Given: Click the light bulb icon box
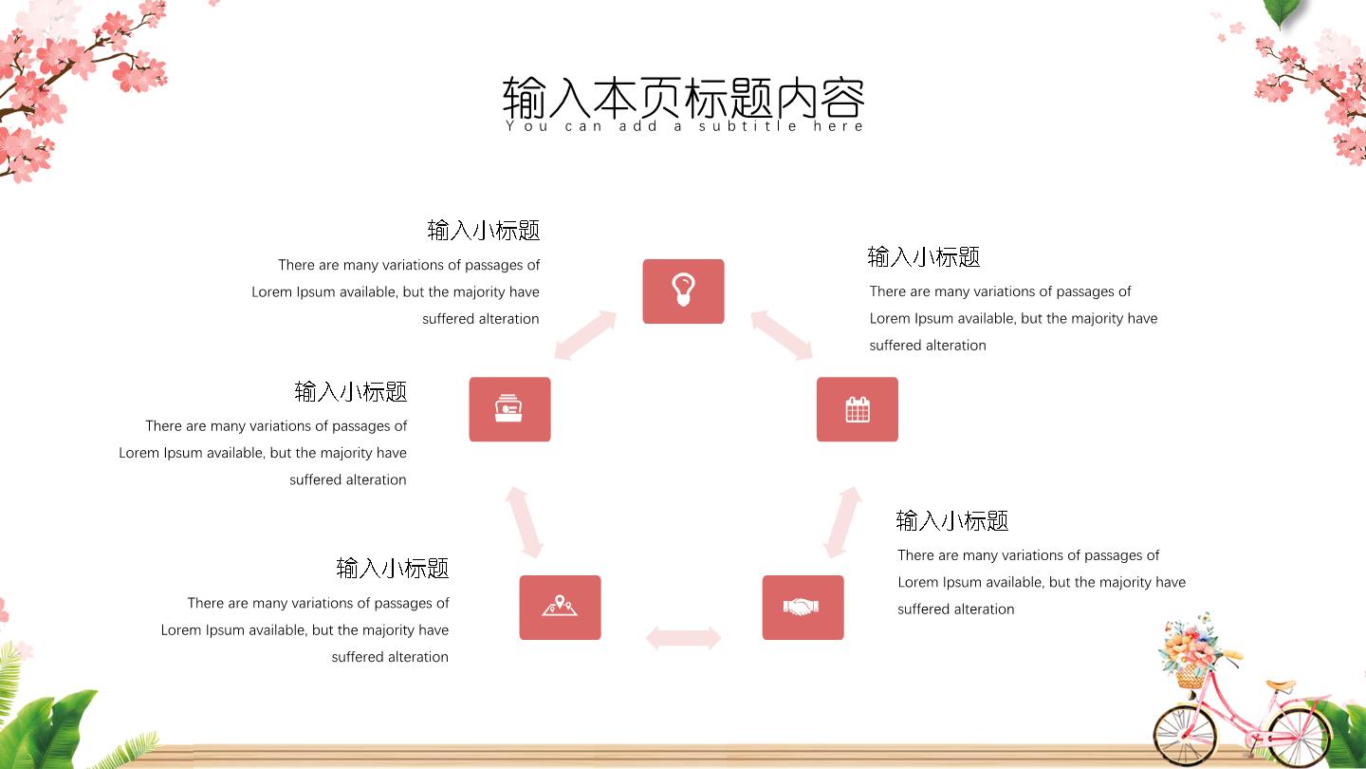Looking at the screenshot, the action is tap(683, 291).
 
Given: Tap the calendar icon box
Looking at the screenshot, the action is tap(857, 409).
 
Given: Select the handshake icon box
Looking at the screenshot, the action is tap(803, 608).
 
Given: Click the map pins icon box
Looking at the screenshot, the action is tap(560, 608).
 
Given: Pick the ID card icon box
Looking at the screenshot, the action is tap(509, 409).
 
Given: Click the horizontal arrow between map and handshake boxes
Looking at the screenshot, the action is tap(683, 638).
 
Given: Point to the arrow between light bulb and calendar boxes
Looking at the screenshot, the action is tap(782, 335).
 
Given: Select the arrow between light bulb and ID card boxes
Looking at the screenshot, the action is tap(585, 335).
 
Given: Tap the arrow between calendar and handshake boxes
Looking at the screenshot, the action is tap(842, 522).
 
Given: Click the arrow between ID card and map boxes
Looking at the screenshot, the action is tap(524, 522).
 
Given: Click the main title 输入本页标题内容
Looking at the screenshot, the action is tap(683, 98).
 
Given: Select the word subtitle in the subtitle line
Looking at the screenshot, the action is tap(748, 126).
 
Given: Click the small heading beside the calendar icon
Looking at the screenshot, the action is tap(923, 257).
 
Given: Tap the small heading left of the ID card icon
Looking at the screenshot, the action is tap(351, 392).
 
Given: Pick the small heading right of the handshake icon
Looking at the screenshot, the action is tap(952, 520).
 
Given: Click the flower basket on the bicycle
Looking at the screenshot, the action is tap(1191, 652).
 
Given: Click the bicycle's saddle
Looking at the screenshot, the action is tap(1280, 685).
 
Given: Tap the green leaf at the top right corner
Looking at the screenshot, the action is tap(1283, 13).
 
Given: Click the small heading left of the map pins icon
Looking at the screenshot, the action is tap(393, 568).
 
